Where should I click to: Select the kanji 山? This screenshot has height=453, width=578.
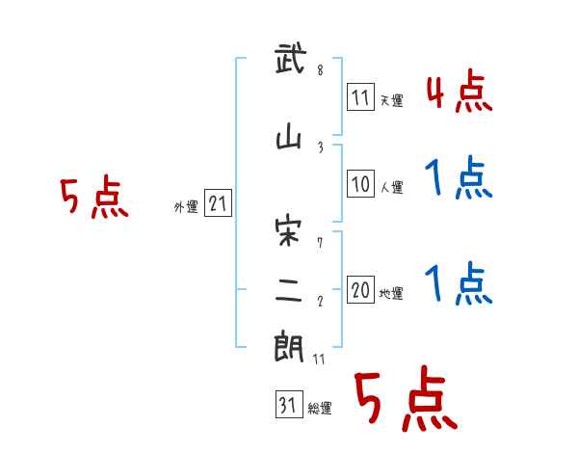click(290, 140)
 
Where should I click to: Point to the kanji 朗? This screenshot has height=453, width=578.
click(290, 347)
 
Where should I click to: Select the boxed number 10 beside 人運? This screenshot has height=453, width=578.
click(360, 183)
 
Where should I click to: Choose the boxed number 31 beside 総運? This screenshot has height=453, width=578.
click(288, 406)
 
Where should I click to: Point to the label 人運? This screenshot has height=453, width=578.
click(391, 186)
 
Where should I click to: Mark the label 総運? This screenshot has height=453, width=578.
click(320, 409)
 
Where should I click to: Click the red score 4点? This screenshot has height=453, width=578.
click(459, 93)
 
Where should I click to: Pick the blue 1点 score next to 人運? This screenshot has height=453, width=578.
click(459, 178)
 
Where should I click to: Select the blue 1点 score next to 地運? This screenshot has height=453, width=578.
click(459, 284)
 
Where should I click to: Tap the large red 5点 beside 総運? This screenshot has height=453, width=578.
click(405, 400)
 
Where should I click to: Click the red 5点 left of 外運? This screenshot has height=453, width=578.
click(93, 199)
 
